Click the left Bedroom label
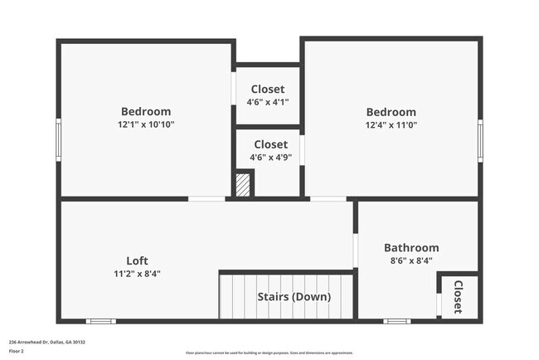[146, 112]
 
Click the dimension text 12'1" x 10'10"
[146, 124]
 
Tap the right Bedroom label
[391, 112]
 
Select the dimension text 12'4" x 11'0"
[391, 124]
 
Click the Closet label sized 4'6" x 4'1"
[268, 90]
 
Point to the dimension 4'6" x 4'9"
[270, 157]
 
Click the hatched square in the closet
[243, 184]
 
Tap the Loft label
[137, 260]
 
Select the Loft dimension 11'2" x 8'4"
[137, 273]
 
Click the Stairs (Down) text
[294, 297]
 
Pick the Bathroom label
[411, 247]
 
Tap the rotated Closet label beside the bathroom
[458, 297]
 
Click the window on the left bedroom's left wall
[59, 138]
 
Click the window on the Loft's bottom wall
[100, 321]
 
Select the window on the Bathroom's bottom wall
[396, 321]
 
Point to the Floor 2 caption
[17, 351]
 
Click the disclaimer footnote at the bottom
[269, 353]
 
